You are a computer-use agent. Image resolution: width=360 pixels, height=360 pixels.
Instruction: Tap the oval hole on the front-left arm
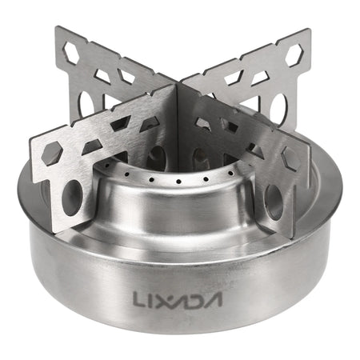(x=72, y=196)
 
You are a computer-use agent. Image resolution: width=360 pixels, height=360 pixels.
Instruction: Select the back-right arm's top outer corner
(x=309, y=32)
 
